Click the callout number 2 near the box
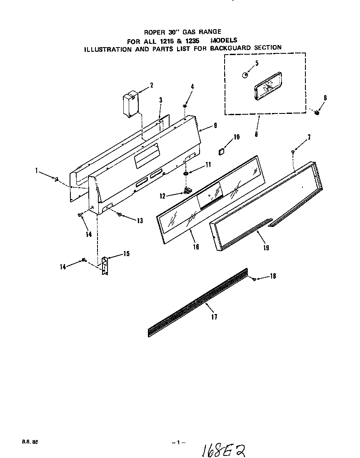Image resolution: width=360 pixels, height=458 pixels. click(x=152, y=86)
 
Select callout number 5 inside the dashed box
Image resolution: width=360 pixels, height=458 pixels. click(x=257, y=63)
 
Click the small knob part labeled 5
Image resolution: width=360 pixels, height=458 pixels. click(x=245, y=75)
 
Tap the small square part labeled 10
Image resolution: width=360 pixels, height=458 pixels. click(x=222, y=151)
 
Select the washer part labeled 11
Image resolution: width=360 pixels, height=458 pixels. click(x=185, y=173)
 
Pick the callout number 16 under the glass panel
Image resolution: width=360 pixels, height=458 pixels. click(x=196, y=247)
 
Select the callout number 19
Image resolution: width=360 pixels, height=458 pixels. click(x=266, y=248)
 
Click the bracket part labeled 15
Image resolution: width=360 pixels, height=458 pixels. click(x=105, y=265)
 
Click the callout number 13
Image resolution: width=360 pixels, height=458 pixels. click(x=140, y=221)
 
